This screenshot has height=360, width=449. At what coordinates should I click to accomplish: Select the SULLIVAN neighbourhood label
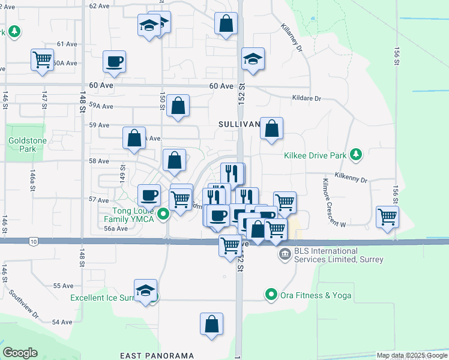pos(239,124)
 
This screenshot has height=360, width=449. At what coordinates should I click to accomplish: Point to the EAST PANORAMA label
pos(157,356)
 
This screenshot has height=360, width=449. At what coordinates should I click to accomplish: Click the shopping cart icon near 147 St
pos(43,60)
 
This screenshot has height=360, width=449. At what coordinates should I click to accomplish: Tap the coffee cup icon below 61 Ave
pos(114,61)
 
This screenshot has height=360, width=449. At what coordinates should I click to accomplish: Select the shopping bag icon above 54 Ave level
pos(211,324)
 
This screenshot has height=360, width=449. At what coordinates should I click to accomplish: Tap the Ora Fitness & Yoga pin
pos(271,295)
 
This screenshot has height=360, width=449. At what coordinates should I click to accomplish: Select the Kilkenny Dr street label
pos(352,179)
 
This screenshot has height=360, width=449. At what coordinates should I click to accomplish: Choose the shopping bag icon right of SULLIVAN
pos(271,128)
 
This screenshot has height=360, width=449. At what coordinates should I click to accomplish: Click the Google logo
pos(20,353)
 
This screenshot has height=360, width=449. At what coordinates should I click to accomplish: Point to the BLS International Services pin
pos(285,255)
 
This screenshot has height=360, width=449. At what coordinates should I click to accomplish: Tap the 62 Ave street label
pos(99,5)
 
